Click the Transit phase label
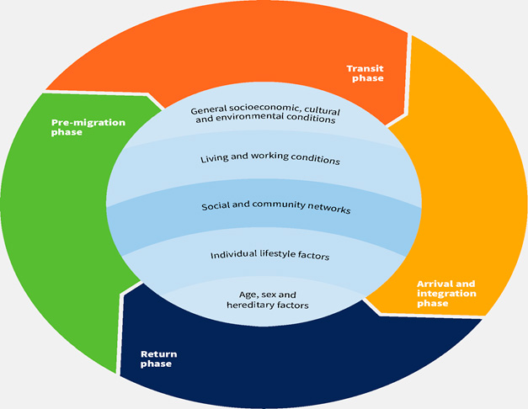coord(365,72)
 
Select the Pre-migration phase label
coord(88,127)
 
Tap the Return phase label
coord(159,359)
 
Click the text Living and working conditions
coord(270,158)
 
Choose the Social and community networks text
coord(264,207)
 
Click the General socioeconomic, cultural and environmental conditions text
coord(264,114)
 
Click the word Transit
coord(365,67)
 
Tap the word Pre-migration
coord(88,122)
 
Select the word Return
coord(159,354)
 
